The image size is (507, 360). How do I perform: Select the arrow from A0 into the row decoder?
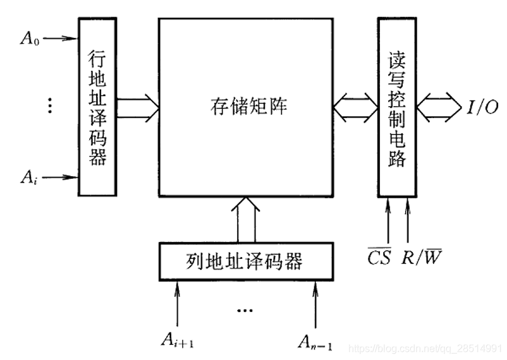click(x=61, y=38)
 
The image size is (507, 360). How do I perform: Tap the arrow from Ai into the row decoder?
click(x=61, y=177)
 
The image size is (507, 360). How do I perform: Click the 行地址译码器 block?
click(x=97, y=106)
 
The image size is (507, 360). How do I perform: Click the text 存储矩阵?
click(x=248, y=105)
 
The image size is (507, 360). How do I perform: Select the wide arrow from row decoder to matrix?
click(x=137, y=106)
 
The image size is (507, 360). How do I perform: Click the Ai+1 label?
click(x=178, y=341)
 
